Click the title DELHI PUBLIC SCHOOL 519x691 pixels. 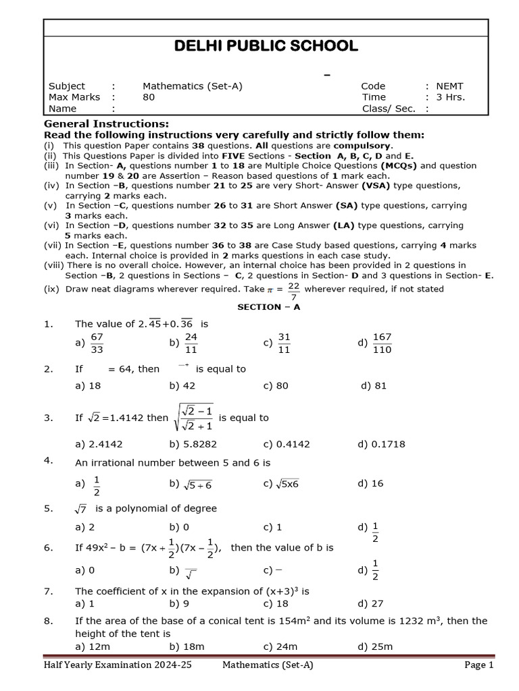pyautogui.click(x=266, y=47)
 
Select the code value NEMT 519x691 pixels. pyautogui.click(x=449, y=86)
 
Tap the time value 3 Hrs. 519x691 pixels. pyautogui.click(x=450, y=97)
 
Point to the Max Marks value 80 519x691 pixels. pyautogui.click(x=149, y=97)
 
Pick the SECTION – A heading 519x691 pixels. pyautogui.click(x=268, y=306)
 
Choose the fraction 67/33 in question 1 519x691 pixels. pyautogui.click(x=97, y=343)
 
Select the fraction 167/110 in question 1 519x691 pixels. pyautogui.click(x=382, y=343)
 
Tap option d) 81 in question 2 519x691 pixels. pyautogui.click(x=373, y=387)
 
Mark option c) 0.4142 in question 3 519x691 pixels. pyautogui.click(x=287, y=444)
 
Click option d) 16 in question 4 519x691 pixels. pyautogui.click(x=371, y=483)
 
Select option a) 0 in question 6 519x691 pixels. pyautogui.click(x=84, y=570)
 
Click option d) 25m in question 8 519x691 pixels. pyautogui.click(x=375, y=646)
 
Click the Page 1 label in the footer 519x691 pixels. pyautogui.click(x=479, y=665)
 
